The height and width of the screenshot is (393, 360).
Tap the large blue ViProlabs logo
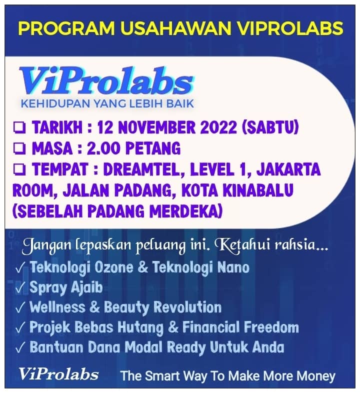coord(106,81)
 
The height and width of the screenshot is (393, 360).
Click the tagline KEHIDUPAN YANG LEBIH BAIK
coord(107,103)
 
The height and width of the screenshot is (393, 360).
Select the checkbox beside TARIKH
coord(19,128)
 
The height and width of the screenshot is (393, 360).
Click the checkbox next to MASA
coord(19,148)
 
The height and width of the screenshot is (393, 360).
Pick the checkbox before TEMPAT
coord(19,169)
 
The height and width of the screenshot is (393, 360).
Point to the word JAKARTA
coord(288,169)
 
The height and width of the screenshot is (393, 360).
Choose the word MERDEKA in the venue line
coord(186,211)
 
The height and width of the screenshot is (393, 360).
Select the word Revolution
coord(187,307)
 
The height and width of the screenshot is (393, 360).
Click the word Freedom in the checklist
coord(271,327)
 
